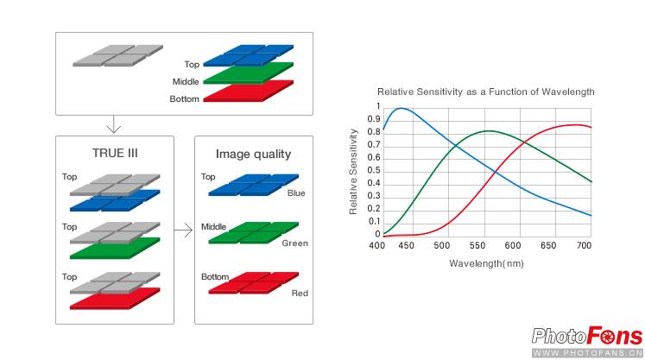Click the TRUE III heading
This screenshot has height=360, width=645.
[x=115, y=153]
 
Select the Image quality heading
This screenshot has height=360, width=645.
[x=253, y=155]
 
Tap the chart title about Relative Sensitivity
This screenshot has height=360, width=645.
[x=486, y=92]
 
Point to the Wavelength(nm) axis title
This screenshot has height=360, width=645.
[x=486, y=263]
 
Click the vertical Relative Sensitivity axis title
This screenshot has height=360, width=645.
[x=353, y=172]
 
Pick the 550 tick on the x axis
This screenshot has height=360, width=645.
[x=477, y=246]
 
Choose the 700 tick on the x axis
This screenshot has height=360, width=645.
[x=584, y=246]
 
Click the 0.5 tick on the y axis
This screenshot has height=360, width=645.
[x=374, y=170]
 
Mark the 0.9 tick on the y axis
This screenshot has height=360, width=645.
[x=374, y=119]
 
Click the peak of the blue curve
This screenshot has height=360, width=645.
[x=401, y=108]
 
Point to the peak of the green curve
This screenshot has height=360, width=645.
[x=488, y=131]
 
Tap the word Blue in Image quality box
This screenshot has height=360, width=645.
[x=296, y=193]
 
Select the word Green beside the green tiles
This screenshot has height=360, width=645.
[x=295, y=243]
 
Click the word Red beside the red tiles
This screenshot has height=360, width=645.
[x=300, y=293]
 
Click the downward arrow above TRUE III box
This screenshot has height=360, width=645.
[x=113, y=124]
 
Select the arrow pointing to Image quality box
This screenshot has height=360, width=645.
[x=183, y=230]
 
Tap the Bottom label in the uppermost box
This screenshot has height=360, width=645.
[x=184, y=99]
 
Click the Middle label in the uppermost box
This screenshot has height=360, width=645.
[x=186, y=82]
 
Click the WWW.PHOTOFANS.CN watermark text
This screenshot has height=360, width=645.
[x=587, y=353]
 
